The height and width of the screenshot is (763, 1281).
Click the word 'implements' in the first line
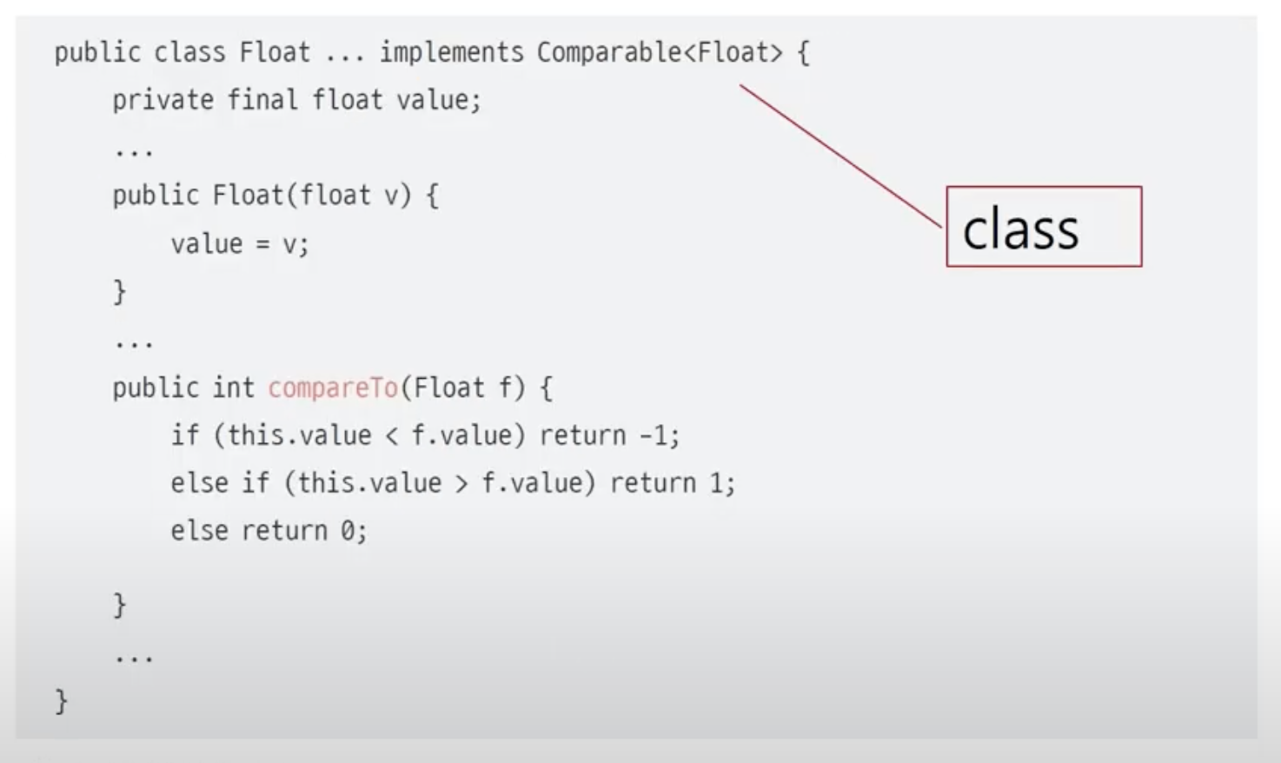[x=451, y=53]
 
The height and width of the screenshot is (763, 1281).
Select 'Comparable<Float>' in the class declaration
[x=659, y=53]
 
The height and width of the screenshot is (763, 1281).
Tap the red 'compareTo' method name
[x=333, y=388]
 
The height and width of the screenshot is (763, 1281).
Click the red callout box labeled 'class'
[x=1043, y=227]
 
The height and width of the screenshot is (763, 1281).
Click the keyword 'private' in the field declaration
[x=163, y=101]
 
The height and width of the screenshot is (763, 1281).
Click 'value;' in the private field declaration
[x=439, y=101]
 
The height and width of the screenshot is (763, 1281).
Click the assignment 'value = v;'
[x=239, y=244]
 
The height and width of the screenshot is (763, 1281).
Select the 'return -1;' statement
[x=609, y=435]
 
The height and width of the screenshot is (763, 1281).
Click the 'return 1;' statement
[x=672, y=483]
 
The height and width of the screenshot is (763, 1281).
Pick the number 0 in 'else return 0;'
[x=348, y=531]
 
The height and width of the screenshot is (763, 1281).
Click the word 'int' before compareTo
[x=233, y=388]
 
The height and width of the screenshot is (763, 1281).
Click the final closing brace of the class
[x=62, y=700]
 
